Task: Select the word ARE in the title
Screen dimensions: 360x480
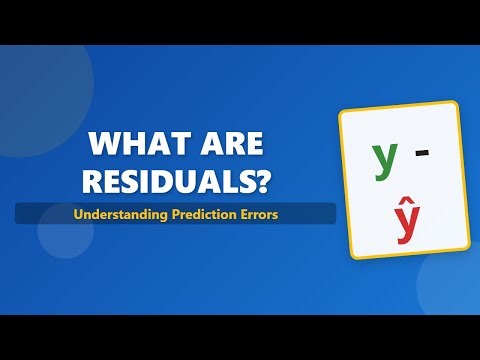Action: [227, 145]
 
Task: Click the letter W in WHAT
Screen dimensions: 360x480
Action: [105, 145]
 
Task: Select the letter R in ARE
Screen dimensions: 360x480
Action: [227, 145]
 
